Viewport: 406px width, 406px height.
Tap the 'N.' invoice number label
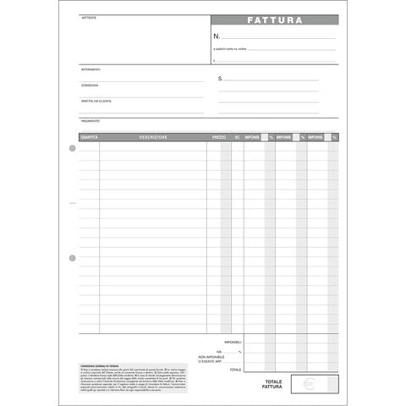click(x=217, y=37)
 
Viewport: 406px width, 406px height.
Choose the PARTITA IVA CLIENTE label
click(x=96, y=101)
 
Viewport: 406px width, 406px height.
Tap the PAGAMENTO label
click(x=91, y=120)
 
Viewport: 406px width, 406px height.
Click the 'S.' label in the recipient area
click(x=221, y=79)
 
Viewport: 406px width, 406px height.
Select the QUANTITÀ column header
click(x=89, y=136)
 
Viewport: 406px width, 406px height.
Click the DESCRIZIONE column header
click(x=153, y=136)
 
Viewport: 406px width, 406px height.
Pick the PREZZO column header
click(x=218, y=136)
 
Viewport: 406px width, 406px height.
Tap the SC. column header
click(x=238, y=136)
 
